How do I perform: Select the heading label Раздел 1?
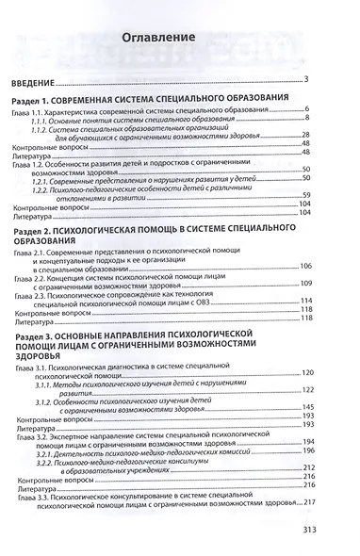[40, 98]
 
